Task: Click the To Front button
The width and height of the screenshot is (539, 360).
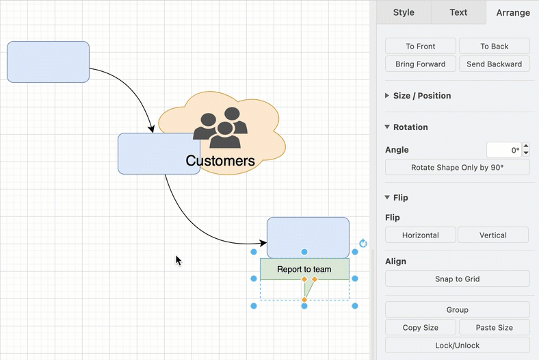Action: [421, 46]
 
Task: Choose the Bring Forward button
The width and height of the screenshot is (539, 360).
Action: [421, 64]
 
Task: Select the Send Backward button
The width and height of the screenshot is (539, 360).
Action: [495, 64]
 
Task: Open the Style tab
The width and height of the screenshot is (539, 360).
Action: [404, 12]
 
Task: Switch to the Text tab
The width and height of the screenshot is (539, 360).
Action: [458, 12]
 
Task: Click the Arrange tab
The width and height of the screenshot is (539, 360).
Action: [513, 13]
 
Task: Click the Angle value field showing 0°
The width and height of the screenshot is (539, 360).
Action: [504, 150]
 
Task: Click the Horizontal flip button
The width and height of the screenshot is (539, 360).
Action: [421, 235]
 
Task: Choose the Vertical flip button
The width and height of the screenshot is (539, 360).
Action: [493, 235]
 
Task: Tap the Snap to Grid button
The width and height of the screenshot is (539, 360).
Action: [457, 279]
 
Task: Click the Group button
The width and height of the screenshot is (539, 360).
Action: [457, 310]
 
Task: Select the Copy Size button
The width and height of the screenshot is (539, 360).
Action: [421, 328]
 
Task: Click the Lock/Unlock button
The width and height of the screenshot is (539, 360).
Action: [457, 346]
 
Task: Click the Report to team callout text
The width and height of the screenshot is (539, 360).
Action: [304, 269]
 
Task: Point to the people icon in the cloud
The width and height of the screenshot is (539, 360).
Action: [220, 127]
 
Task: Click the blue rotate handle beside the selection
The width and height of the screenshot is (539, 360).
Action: [363, 244]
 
